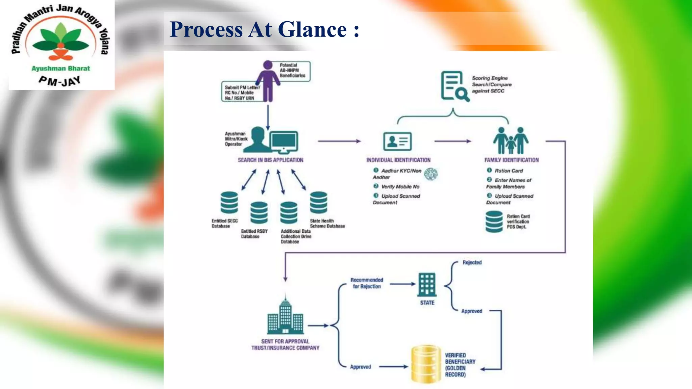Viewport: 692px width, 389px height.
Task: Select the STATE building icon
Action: pos(427,284)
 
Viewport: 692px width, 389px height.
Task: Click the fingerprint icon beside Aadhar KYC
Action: pos(431,174)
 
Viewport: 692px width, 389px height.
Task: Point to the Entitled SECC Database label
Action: pos(224,223)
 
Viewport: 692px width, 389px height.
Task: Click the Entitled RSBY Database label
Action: pos(254,234)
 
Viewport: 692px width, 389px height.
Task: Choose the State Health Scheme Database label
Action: pos(327,223)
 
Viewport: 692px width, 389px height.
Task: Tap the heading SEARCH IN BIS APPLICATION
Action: pos(270,160)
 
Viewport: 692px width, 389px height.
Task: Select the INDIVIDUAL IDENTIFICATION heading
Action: pos(398,160)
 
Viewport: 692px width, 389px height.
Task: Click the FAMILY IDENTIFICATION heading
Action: pos(511,160)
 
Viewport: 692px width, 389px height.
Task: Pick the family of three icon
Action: pos(511,140)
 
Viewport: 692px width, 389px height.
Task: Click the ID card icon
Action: pos(397,141)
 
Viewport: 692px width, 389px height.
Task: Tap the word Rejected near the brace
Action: pos(472,262)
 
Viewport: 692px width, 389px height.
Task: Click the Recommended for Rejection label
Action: pos(367,283)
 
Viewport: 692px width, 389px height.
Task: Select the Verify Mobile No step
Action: pos(400,186)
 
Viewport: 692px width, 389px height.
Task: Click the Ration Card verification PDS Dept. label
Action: pos(518,222)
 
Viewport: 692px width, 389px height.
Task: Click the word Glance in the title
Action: pos(312,29)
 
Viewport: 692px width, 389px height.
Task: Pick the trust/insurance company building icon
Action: pos(285,315)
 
